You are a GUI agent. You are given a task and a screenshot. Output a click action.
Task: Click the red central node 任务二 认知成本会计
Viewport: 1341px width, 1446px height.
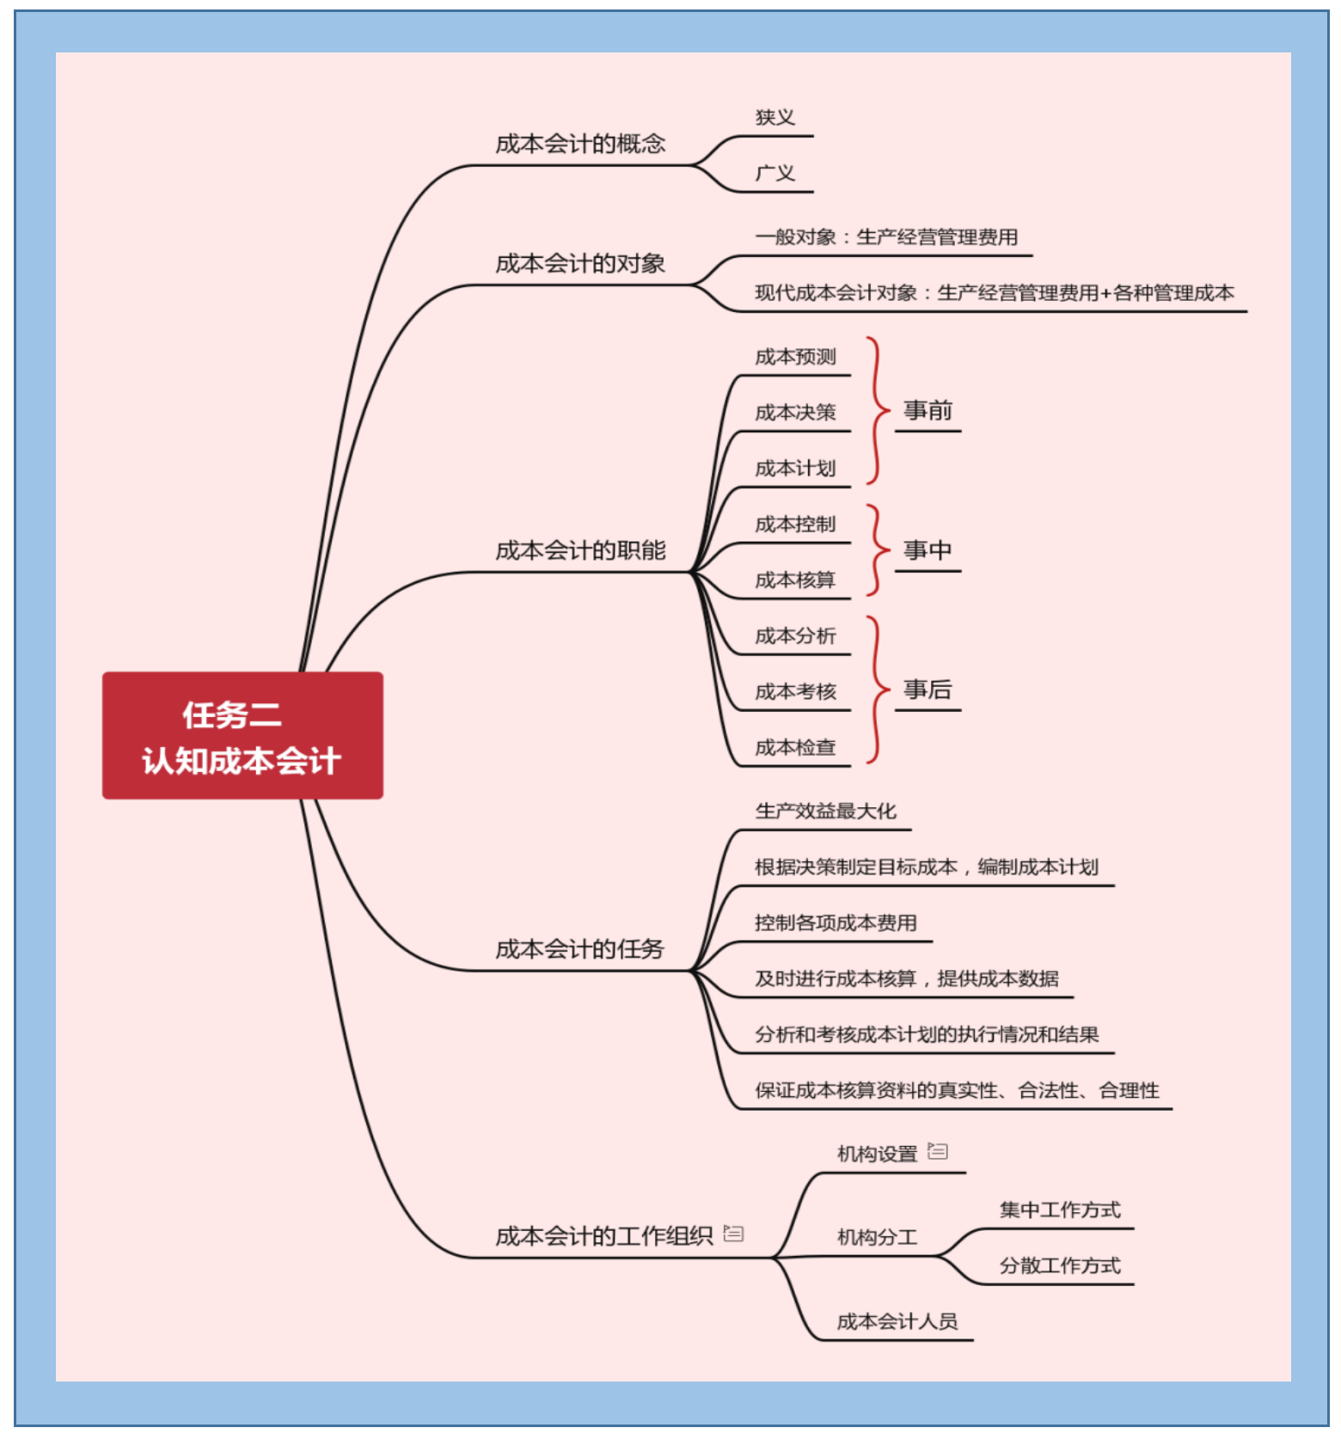point(242,735)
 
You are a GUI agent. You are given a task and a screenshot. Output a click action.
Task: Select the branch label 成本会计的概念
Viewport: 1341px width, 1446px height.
point(580,144)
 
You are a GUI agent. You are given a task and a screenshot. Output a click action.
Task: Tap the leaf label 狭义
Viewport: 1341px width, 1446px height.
point(775,117)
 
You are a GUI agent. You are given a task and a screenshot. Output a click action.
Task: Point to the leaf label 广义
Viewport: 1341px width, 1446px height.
point(775,173)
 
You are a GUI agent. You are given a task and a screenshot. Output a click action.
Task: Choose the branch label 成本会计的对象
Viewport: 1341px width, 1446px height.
point(580,263)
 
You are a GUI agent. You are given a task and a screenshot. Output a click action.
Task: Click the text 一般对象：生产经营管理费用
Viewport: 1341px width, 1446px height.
point(886,237)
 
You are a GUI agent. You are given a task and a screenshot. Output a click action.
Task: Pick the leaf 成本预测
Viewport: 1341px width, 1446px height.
point(795,357)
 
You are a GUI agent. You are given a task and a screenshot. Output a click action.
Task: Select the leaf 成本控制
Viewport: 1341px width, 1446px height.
point(795,524)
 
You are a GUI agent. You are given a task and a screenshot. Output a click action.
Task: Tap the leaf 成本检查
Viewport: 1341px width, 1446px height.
point(795,748)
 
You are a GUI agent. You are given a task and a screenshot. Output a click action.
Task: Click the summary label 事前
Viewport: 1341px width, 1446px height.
point(928,410)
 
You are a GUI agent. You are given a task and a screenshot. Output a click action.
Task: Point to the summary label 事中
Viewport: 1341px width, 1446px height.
point(928,550)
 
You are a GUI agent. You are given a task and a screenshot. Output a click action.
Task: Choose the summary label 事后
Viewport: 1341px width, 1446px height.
point(928,689)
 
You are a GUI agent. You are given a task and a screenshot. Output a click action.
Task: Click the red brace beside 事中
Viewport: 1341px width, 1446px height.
point(876,550)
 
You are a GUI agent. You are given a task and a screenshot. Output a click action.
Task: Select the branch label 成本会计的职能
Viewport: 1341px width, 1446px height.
point(580,550)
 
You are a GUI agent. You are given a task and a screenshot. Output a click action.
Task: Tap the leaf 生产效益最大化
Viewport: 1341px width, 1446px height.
point(825,811)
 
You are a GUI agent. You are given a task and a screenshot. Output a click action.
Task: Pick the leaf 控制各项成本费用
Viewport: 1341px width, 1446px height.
point(836,922)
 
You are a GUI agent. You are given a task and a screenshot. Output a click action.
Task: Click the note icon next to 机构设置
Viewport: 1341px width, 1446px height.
point(938,1151)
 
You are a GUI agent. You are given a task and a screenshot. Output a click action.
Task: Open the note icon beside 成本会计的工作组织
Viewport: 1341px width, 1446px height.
point(733,1234)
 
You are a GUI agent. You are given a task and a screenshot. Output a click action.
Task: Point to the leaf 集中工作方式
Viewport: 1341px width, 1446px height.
point(1060,1210)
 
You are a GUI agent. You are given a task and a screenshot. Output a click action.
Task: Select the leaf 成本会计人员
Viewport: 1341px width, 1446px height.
point(897,1321)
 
